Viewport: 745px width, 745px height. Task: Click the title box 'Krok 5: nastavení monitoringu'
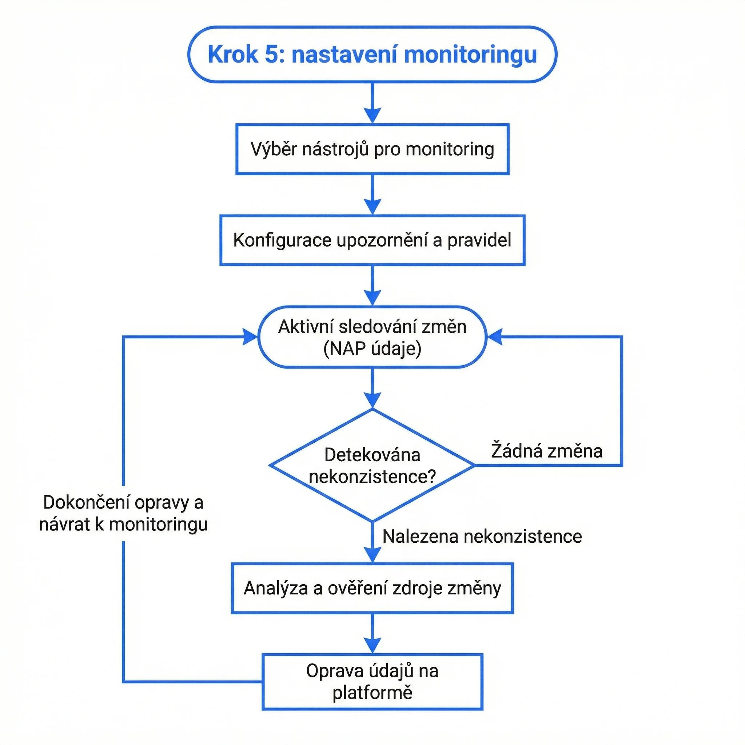[372, 54]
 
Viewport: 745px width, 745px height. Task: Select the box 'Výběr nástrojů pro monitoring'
[372, 149]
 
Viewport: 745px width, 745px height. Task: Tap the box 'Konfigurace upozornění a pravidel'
[372, 240]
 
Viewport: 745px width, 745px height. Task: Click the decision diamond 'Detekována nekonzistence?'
[372, 465]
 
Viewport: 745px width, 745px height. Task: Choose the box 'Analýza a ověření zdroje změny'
[372, 589]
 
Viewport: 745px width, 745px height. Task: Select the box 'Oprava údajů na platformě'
[372, 682]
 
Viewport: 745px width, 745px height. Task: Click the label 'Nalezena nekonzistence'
[482, 537]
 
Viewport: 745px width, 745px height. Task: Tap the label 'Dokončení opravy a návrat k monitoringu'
[123, 513]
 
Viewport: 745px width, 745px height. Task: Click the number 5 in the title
[271, 54]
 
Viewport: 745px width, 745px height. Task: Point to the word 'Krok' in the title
[232, 54]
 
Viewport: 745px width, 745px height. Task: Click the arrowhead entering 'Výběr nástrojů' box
[372, 115]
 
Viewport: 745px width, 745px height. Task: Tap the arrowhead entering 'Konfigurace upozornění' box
[372, 207]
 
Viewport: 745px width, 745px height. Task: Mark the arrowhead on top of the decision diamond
[372, 400]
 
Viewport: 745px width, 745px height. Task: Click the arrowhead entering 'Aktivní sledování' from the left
[250, 336]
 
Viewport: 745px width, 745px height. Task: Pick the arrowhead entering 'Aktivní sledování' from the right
[495, 336]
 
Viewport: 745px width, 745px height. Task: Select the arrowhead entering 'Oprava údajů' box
[372, 646]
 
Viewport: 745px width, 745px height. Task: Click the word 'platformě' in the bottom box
[372, 693]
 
